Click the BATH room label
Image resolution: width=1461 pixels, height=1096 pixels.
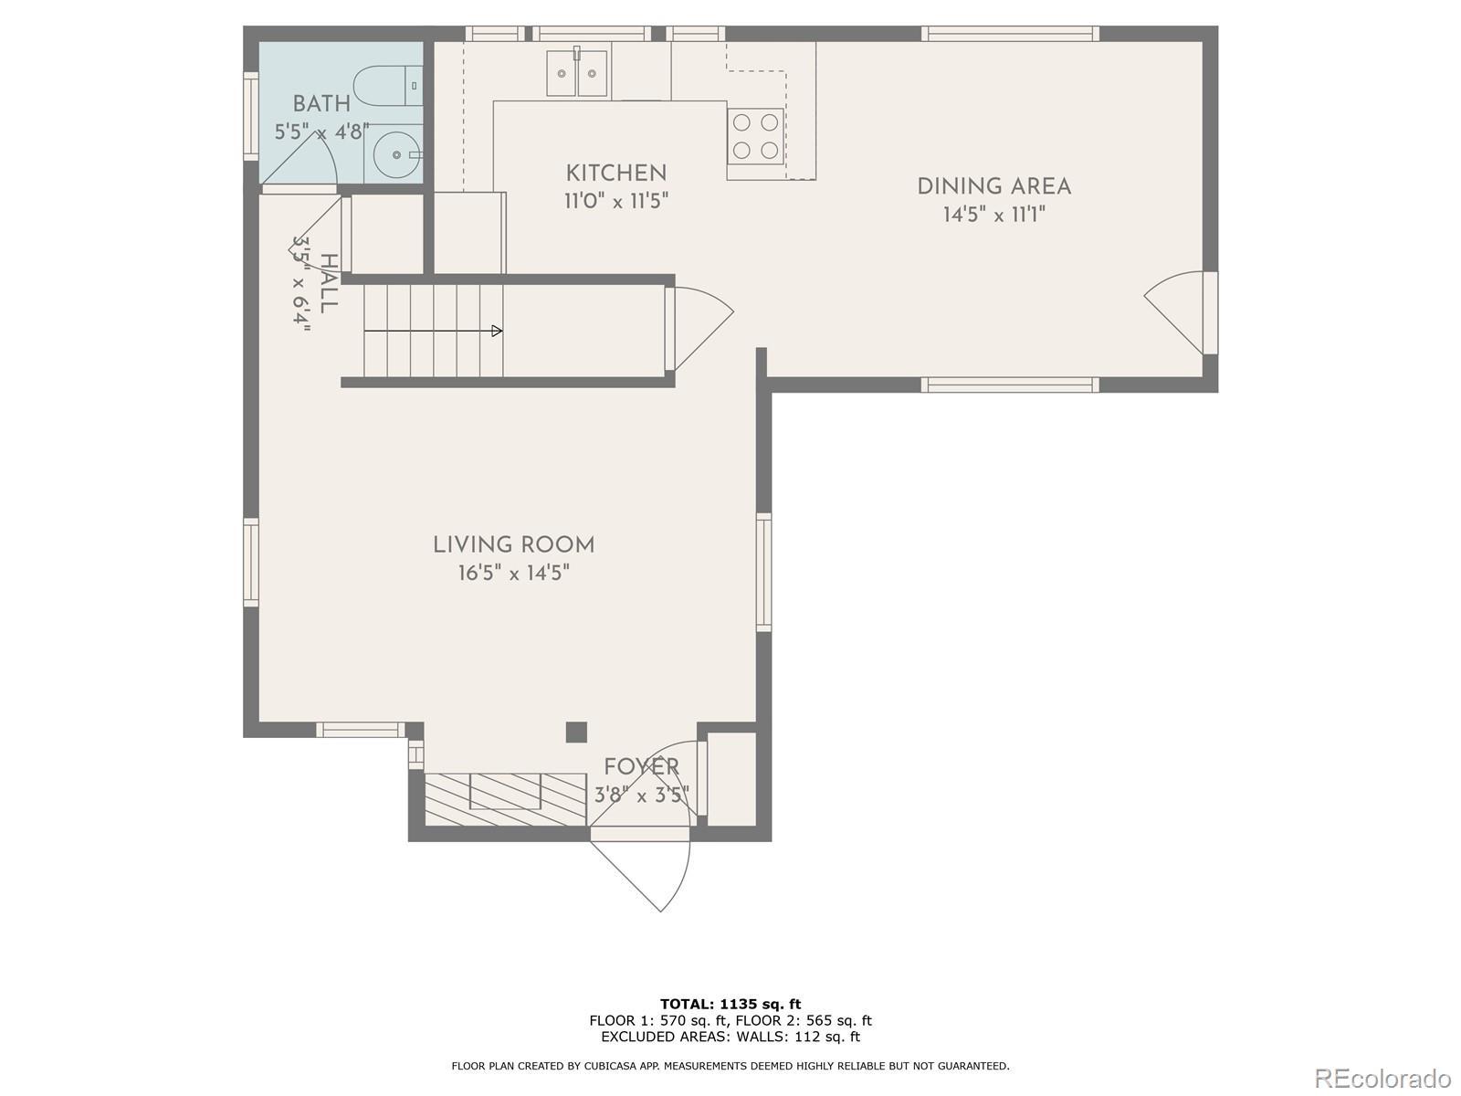[321, 104]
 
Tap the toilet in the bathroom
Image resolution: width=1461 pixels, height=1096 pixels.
[388, 86]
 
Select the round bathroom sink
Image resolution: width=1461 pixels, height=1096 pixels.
[397, 154]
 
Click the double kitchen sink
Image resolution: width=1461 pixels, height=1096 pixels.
[577, 73]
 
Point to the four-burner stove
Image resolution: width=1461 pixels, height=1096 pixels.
[755, 136]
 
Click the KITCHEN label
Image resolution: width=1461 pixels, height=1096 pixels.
[616, 174]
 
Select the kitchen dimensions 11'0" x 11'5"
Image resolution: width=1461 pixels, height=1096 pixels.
[616, 201]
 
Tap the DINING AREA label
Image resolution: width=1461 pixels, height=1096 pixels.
[994, 187]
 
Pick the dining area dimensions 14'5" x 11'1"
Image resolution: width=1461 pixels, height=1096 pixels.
[994, 215]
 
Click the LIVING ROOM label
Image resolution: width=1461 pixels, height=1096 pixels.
[514, 545]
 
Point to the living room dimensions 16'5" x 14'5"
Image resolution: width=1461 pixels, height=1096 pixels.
[514, 573]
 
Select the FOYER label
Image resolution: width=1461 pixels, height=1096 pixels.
[642, 767]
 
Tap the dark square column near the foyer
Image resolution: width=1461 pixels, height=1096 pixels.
[576, 732]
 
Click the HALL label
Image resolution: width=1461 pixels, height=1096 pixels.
[329, 283]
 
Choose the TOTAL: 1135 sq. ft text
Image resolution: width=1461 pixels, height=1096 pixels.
[730, 1004]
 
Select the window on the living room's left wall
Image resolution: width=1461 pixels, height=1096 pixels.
[251, 563]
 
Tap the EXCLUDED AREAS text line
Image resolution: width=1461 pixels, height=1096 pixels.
[730, 1037]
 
